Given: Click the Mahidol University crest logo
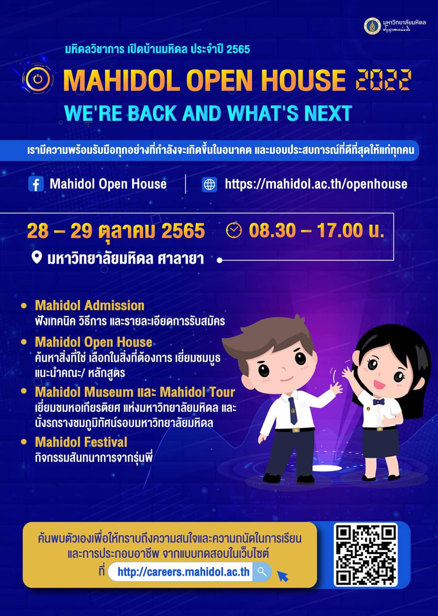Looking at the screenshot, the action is tap(372, 26).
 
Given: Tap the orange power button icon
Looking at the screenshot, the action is tap(37, 79).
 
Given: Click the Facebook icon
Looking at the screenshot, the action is tap(36, 184).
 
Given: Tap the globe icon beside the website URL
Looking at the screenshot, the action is tap(209, 184).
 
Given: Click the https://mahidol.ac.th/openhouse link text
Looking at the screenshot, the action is tap(316, 184).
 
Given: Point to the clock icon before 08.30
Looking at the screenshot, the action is tap(234, 230).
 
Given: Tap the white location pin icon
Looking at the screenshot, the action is tap(37, 258).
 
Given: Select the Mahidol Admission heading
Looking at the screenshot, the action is tap(90, 305).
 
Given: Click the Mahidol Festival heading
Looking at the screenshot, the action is tap(81, 442).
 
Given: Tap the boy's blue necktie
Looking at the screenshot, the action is tap(292, 410).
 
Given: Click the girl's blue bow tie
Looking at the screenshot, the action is tap(379, 402).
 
